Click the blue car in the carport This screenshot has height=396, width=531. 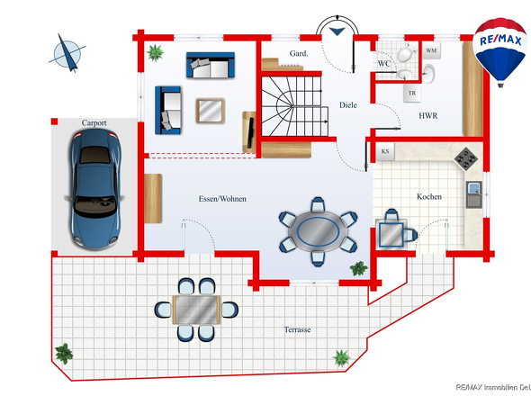point(94,188)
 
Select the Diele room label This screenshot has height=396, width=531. point(348,105)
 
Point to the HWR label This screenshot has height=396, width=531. point(428,116)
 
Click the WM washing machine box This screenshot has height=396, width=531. point(431,50)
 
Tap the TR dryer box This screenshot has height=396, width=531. point(412,93)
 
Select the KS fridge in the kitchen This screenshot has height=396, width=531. point(385,151)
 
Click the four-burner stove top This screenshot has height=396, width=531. point(466,158)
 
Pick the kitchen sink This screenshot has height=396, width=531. point(473,194)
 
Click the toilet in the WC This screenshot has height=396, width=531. point(406,53)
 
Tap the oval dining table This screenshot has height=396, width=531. point(318,231)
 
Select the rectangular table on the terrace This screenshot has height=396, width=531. point(196,310)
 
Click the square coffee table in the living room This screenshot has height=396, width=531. point(211,111)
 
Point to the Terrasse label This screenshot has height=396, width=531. point(297,329)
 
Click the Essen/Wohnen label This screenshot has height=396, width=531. point(222,199)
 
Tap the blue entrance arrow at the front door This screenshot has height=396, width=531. point(337,31)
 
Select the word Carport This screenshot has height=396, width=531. point(94,123)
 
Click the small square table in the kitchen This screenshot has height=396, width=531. point(391,234)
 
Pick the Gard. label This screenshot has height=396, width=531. point(299,53)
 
